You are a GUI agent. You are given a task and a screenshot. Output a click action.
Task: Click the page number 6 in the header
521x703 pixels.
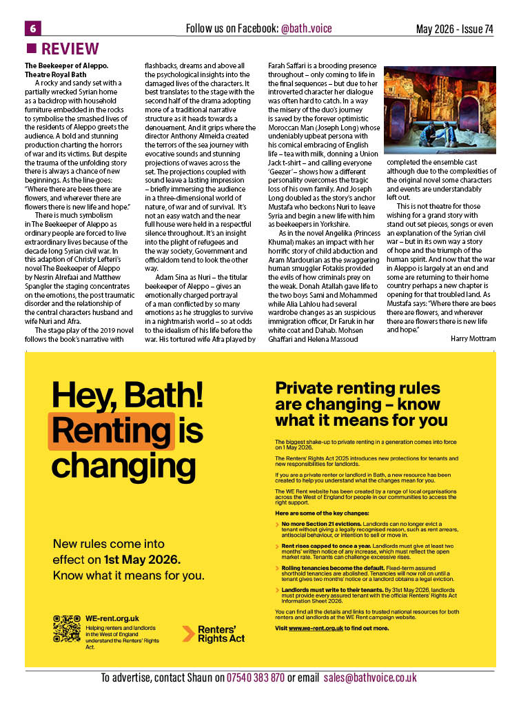[32, 28]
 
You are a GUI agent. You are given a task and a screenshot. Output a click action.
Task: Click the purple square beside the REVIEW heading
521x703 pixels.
[31, 49]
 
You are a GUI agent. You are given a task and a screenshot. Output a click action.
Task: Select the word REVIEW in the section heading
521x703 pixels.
[70, 49]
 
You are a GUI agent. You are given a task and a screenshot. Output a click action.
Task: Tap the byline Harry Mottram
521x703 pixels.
[473, 338]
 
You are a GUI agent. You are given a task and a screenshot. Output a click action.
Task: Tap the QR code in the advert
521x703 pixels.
[67, 629]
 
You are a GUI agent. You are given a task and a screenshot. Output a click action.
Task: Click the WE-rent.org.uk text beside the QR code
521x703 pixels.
[112, 618]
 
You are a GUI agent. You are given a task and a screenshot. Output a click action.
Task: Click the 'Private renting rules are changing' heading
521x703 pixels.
[361, 404]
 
